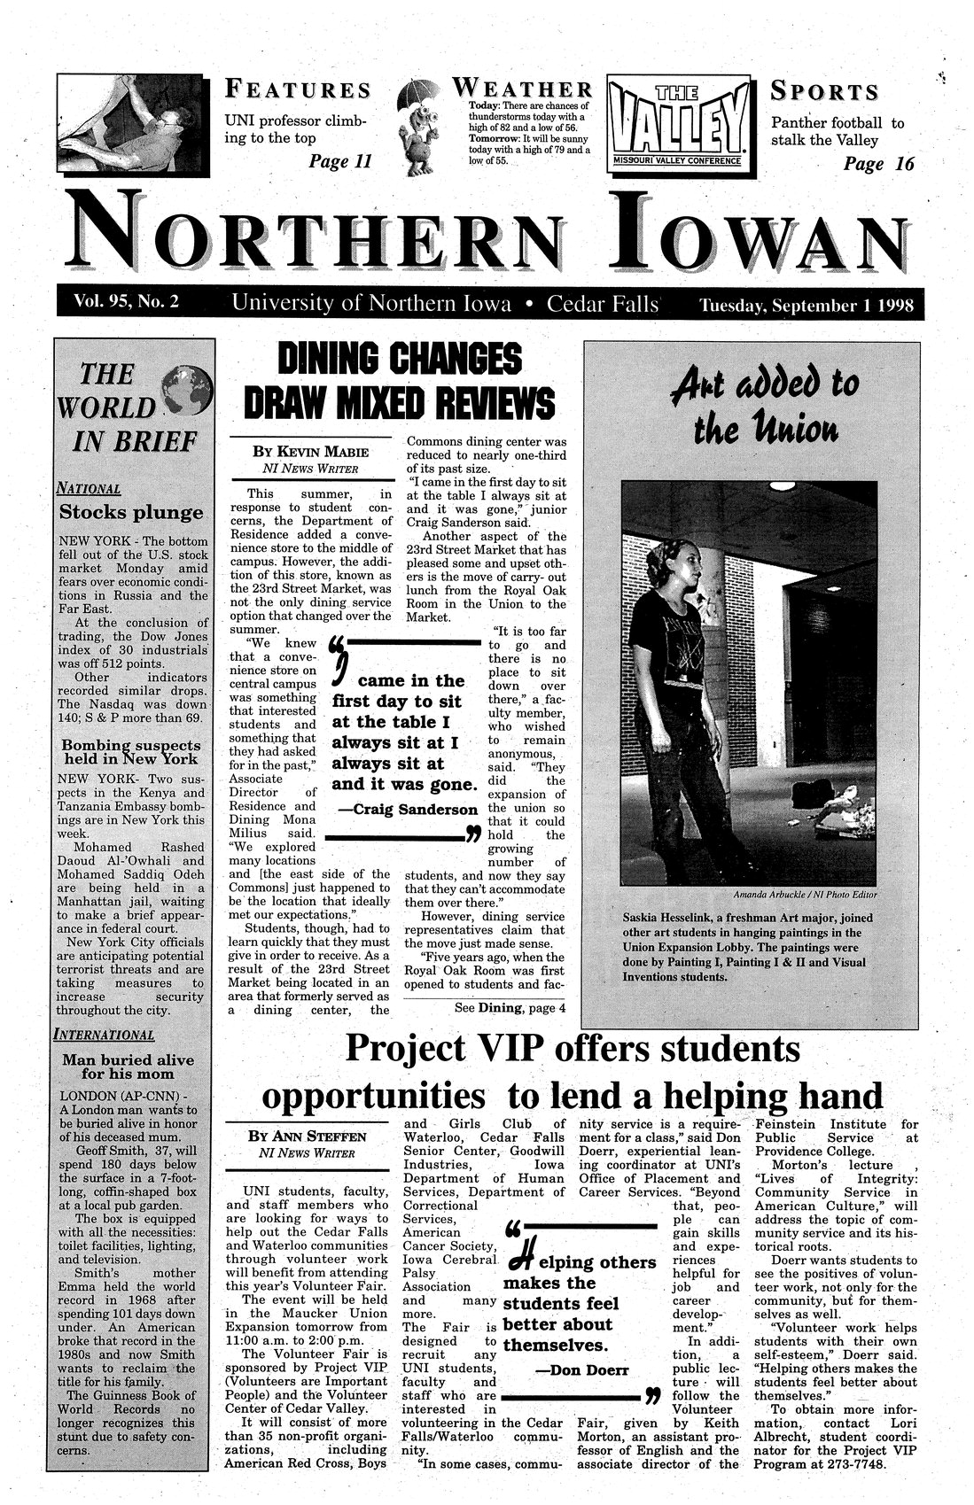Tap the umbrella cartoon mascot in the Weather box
coord(420,124)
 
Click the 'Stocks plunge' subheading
coord(130,513)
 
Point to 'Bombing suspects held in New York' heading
coord(130,751)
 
